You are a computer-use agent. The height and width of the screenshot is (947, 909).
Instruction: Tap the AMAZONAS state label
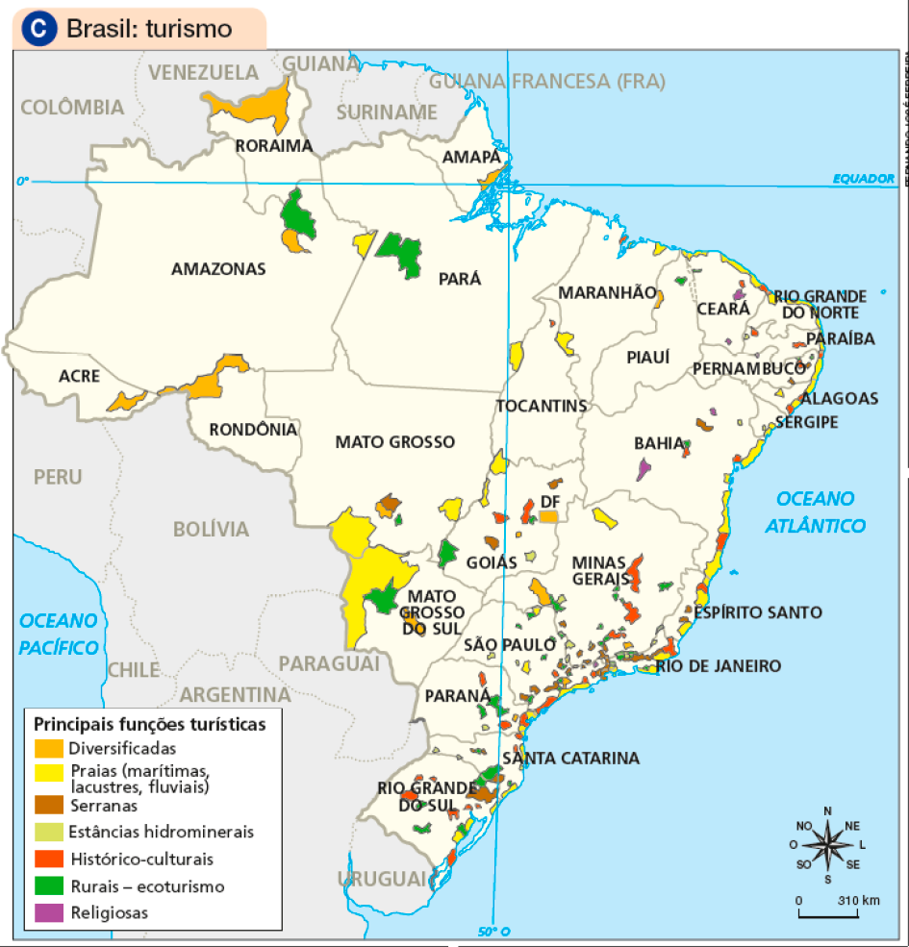click(217, 269)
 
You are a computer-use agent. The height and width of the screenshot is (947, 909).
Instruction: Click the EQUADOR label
click(864, 179)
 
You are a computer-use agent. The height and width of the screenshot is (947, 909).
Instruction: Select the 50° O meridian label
click(492, 931)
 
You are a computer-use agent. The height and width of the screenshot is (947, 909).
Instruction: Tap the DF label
click(550, 502)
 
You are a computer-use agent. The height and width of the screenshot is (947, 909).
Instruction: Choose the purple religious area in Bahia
click(643, 469)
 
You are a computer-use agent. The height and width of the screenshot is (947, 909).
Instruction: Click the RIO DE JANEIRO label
click(719, 666)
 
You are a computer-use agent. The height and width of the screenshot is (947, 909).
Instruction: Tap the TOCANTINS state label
click(542, 406)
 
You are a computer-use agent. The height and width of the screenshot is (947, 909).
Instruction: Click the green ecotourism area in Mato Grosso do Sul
click(383, 598)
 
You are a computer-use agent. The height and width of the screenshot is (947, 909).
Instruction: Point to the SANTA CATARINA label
click(570, 759)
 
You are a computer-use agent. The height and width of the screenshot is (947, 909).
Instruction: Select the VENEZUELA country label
click(204, 72)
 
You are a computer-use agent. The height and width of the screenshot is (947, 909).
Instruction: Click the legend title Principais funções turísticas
click(150, 723)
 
